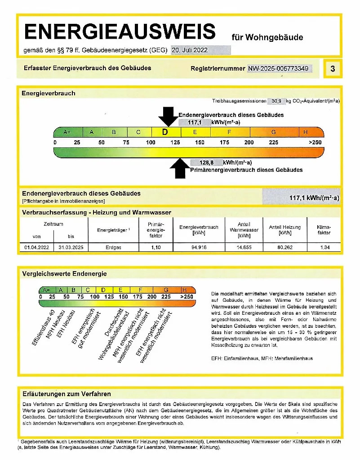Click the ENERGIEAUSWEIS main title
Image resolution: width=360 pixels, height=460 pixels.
[x=120, y=32]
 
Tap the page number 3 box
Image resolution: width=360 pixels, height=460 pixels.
[x=332, y=69]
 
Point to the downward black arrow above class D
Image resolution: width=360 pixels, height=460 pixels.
[x=168, y=116]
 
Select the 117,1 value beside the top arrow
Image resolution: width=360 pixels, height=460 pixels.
[x=194, y=122]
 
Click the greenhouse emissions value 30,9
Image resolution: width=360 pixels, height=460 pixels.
[x=276, y=102]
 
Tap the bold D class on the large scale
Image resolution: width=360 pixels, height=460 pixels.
[x=165, y=132]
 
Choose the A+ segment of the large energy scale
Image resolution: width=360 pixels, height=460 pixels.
[x=67, y=132]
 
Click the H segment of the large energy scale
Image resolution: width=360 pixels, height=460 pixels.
[x=306, y=132]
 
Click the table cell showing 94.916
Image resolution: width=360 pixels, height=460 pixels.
[x=199, y=247]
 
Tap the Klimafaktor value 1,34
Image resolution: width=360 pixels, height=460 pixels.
[x=324, y=247]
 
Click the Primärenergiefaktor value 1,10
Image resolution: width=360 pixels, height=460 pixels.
[x=155, y=247]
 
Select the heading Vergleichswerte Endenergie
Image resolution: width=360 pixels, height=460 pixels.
[x=65, y=273]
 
